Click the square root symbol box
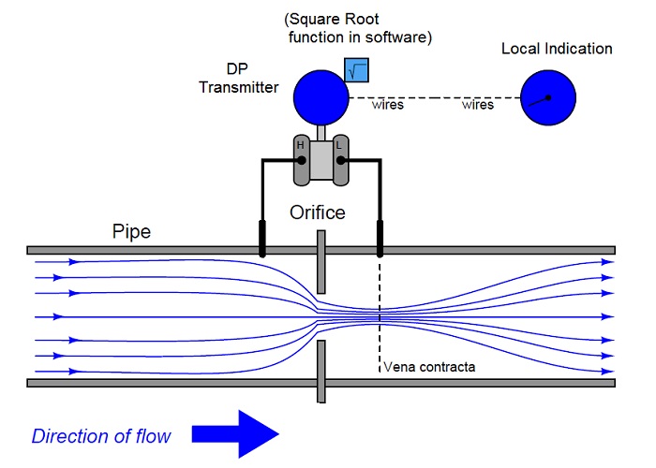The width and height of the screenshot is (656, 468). point(356,70)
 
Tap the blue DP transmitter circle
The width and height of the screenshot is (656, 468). point(321,97)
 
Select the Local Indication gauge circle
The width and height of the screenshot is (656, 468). point(548,97)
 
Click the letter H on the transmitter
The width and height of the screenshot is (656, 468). point(300,145)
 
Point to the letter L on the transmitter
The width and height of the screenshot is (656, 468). point(339,145)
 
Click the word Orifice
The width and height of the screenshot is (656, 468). point(318,212)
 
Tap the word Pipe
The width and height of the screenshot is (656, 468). point(131,232)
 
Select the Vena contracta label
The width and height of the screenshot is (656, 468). point(429,367)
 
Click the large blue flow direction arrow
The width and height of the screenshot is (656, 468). point(235,434)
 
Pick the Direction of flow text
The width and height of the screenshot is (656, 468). point(101,436)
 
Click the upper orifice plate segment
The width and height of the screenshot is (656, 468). point(321,262)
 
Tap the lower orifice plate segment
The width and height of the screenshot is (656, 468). point(321,372)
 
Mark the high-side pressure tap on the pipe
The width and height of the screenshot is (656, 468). point(262,238)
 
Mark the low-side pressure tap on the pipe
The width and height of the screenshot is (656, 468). point(380,238)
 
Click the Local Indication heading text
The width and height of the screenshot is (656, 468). point(557,49)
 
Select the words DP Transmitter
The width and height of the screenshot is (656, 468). point(238,78)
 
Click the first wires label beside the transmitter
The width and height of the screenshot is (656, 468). point(388,105)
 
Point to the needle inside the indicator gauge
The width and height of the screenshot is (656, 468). point(539,101)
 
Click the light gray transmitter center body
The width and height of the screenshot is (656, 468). point(321,160)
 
